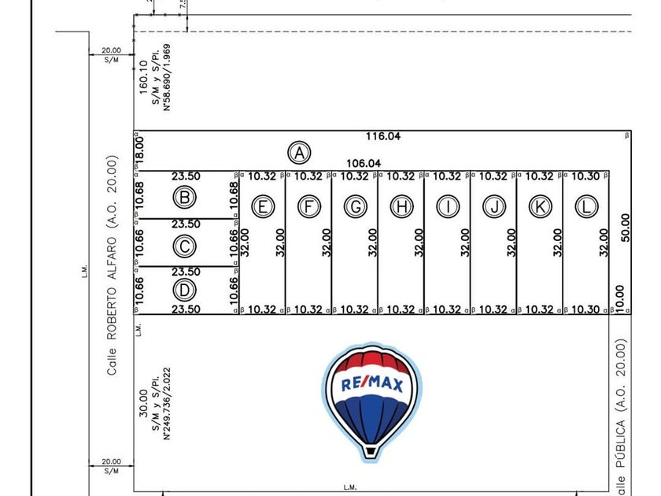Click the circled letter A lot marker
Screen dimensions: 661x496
[x=298, y=152]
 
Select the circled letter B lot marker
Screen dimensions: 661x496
[x=184, y=197]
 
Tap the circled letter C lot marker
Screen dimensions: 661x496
[x=184, y=246]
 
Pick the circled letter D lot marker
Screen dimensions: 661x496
[x=184, y=290]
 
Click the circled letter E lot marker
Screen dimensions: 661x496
[x=263, y=206]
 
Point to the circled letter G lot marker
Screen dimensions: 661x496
[x=356, y=206]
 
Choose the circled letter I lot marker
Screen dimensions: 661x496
[x=448, y=206]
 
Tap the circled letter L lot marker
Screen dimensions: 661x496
[x=586, y=206]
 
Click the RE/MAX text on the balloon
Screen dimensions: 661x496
[x=371, y=385]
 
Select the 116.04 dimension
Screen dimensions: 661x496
[x=383, y=136]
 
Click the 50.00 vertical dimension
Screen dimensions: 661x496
[x=626, y=228]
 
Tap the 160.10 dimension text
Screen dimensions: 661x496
[x=143, y=77]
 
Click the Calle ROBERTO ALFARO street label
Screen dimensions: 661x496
[x=113, y=265]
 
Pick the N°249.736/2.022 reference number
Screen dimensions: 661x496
[x=167, y=402]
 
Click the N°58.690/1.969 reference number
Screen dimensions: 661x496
[x=167, y=76]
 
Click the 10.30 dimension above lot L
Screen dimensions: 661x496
[x=586, y=176]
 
